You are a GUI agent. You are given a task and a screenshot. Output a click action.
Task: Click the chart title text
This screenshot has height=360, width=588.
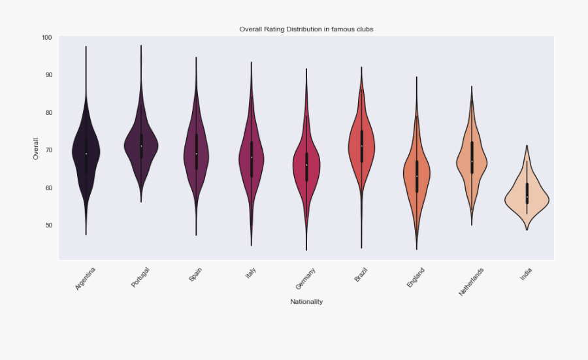[306, 29]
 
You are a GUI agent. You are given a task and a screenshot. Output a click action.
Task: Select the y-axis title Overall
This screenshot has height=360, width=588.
[35, 148]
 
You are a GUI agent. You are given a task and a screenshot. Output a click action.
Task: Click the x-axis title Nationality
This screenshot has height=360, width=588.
[306, 302]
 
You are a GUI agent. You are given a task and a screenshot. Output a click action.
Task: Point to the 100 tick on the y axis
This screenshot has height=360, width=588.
[46, 37]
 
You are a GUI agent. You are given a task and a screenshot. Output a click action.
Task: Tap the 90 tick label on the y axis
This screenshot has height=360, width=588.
[47, 75]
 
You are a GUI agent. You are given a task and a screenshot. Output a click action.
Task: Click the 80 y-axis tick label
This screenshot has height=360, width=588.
[47, 112]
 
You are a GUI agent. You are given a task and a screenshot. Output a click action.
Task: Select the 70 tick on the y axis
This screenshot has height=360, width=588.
[47, 150]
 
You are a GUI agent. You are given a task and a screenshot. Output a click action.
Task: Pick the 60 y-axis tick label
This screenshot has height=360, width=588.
[47, 188]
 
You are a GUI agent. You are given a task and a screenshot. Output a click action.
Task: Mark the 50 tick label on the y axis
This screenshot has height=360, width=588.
[47, 225]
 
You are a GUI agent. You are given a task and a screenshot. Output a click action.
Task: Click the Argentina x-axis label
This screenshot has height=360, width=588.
[86, 278]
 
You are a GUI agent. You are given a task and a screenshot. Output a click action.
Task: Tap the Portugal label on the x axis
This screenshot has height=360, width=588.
[140, 277]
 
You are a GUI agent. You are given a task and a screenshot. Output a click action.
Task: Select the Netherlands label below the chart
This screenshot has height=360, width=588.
[471, 282]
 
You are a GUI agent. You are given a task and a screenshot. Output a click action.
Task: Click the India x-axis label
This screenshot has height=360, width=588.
[526, 275]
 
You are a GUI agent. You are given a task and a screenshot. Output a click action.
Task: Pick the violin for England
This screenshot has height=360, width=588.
[416, 176]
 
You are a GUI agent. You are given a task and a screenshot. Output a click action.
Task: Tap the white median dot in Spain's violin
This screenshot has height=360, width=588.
[196, 154]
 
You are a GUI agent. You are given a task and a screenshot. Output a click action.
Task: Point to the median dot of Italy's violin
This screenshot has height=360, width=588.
[251, 157]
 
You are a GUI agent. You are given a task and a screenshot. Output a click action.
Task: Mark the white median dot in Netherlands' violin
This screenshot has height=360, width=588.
[472, 161]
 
